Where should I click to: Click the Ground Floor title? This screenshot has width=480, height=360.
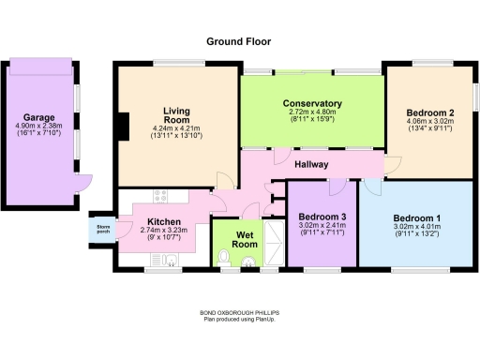click(x=239, y=41)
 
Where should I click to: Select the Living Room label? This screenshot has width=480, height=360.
click(x=176, y=113)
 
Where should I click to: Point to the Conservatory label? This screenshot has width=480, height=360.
click(x=312, y=103)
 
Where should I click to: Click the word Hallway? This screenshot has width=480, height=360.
click(x=311, y=165)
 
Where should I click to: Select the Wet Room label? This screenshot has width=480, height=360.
click(x=245, y=238)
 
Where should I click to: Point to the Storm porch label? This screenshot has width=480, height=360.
click(x=103, y=230)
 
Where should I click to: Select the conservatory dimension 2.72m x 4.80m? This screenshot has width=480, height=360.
click(x=312, y=113)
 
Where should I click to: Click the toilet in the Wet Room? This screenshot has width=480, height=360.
click(x=223, y=256)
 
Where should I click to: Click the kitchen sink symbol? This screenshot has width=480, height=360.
click(x=172, y=261)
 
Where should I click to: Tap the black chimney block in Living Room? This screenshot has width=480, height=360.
click(x=123, y=125)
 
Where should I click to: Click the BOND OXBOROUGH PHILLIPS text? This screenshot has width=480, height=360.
click(x=239, y=313)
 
